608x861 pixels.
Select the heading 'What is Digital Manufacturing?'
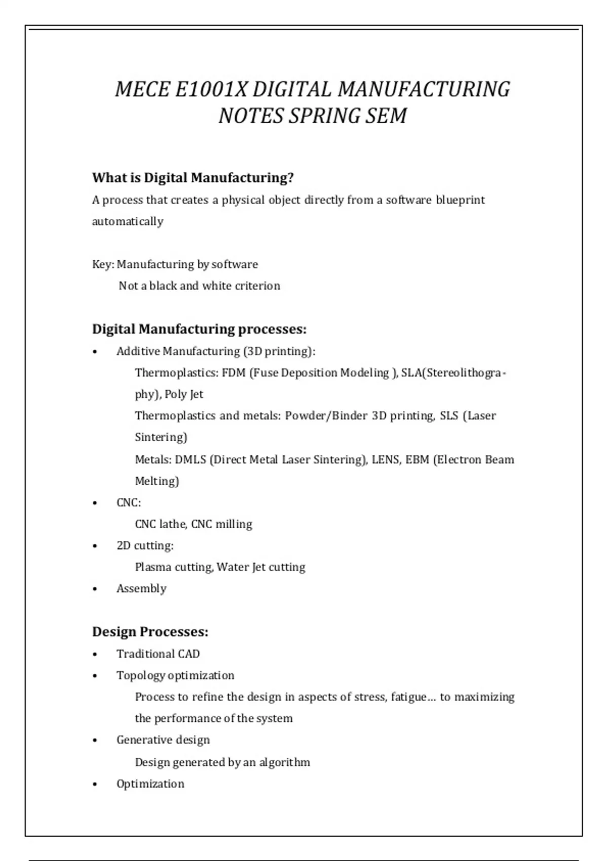pos(193,178)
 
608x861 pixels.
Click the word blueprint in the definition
pos(460,200)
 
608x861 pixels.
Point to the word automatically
pos(128,221)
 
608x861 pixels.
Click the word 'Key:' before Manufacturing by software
pos(103,264)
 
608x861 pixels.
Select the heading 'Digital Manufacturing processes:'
pos(199,329)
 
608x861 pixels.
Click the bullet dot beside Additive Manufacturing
pos(95,352)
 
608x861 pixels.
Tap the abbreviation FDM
pos(233,373)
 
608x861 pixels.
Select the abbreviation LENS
pos(385,460)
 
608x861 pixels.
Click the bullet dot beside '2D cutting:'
pos(95,546)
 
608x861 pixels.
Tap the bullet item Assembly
pos(141,589)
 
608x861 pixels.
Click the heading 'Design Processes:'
pos(150,632)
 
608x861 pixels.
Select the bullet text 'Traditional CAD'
pos(158,654)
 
